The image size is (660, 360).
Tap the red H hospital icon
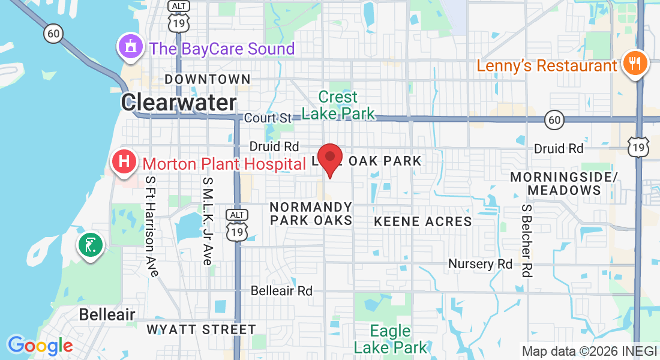coord(124,162)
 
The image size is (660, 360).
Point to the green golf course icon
coord(90,245)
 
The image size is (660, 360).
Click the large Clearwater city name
coord(179,103)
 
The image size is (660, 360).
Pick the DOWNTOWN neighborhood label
coord(207,79)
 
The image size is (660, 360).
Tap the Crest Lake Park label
coord(338,105)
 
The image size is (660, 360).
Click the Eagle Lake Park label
coord(391,339)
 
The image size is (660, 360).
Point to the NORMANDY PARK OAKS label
coord(311,214)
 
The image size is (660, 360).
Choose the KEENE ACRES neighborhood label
coord(423,221)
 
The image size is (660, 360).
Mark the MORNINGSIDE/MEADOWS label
coord(563,184)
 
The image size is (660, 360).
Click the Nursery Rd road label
coord(481,264)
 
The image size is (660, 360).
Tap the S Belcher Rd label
coord(527,240)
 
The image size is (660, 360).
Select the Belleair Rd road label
coord(281,290)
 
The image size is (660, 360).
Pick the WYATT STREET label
coord(201,329)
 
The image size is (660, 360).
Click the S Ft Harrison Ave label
coord(151,226)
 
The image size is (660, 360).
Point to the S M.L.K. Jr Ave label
coord(208,221)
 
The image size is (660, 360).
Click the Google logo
coord(40,346)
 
